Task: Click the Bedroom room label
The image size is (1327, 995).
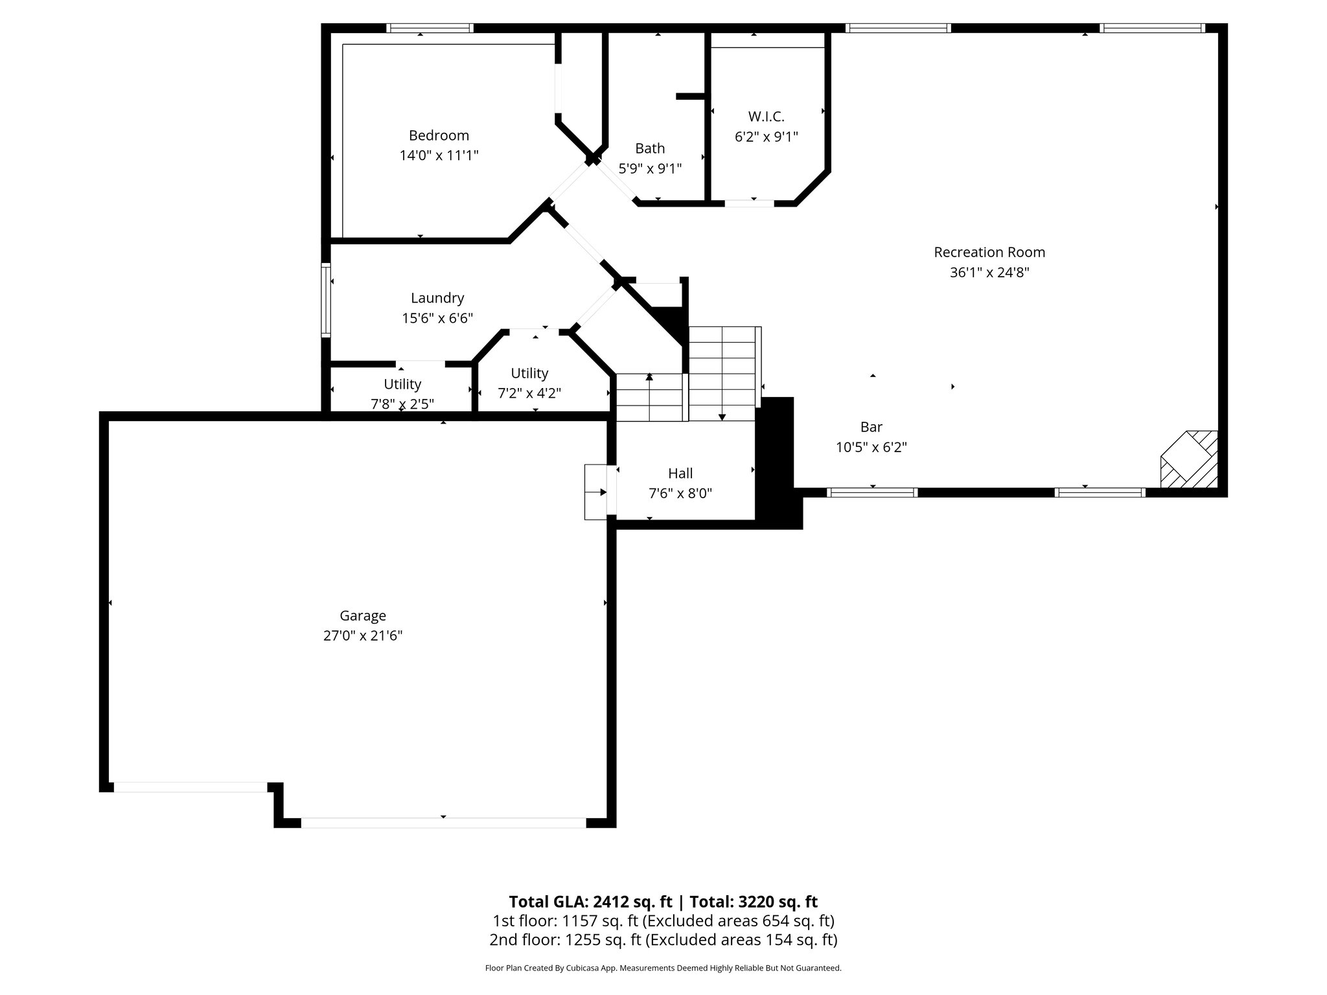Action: coord(439,135)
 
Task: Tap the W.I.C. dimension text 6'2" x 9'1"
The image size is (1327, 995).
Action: coord(766,137)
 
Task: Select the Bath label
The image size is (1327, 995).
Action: coord(650,148)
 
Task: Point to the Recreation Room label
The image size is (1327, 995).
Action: coord(989,252)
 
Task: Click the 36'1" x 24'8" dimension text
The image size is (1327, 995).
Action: coord(989,273)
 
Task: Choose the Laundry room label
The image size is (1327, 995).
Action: coord(437,298)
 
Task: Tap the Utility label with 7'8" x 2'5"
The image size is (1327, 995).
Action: coord(402,384)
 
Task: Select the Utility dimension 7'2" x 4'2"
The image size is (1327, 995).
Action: coord(529,393)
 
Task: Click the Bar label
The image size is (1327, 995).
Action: coord(871,427)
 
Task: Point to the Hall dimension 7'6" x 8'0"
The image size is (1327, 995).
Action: coord(680,494)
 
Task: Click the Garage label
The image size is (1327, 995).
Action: coord(363,615)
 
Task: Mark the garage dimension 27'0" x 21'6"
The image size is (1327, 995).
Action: coord(363,636)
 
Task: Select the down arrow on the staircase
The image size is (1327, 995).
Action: coord(722,416)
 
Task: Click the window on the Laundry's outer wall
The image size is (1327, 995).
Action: coord(326,299)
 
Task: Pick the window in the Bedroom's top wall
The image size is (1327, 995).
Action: coord(430,28)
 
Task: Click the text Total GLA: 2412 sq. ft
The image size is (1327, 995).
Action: coord(590,902)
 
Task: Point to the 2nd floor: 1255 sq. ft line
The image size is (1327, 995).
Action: coord(663,939)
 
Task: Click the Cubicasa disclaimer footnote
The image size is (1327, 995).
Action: coord(663,968)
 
